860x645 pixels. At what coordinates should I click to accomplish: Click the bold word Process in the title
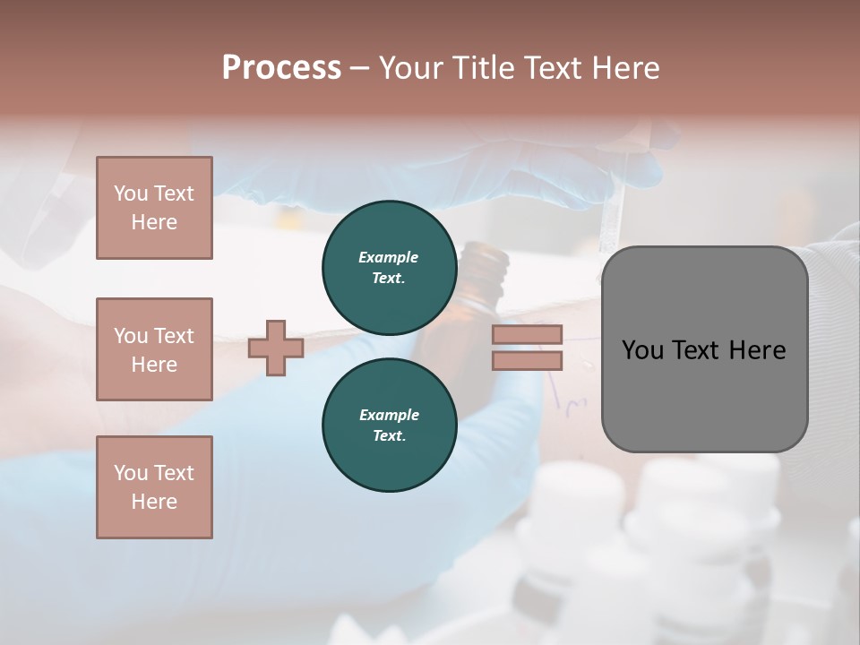tap(281, 68)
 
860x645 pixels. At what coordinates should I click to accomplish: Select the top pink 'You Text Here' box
tap(154, 208)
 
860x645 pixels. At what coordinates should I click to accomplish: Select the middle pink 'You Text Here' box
tap(154, 349)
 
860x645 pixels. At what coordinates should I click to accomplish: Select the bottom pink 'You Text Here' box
tap(154, 487)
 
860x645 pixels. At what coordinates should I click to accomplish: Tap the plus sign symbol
tap(276, 348)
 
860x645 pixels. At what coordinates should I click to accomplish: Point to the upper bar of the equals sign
tap(527, 334)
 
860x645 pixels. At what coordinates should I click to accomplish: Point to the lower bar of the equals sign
tap(527, 361)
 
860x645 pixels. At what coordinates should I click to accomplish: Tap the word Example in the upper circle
tap(389, 257)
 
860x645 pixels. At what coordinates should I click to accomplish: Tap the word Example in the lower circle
tap(389, 415)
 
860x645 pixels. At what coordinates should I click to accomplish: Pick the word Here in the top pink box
tap(154, 222)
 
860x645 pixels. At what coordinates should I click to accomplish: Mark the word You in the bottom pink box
tap(131, 473)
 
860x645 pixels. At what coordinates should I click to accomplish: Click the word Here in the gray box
tap(760, 350)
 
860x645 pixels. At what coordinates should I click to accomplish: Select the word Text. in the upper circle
tap(389, 279)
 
